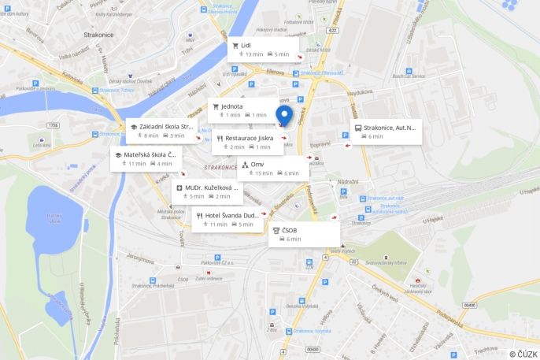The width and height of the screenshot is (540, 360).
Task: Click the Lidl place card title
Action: (x=246, y=46)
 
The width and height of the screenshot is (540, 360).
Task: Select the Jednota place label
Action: (x=232, y=106)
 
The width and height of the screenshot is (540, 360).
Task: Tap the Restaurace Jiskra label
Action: (x=249, y=138)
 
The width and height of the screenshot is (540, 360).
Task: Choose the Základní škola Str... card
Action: (x=166, y=126)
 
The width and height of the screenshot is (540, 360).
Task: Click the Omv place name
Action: (x=257, y=164)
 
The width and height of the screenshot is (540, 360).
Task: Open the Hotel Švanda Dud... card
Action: (x=231, y=214)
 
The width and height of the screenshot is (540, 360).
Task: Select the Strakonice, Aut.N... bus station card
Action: (x=389, y=127)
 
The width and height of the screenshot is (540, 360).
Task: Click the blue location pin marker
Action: (x=283, y=116)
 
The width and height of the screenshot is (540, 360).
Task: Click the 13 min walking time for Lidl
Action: (x=253, y=54)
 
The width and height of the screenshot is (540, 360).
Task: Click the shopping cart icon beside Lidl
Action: (x=235, y=46)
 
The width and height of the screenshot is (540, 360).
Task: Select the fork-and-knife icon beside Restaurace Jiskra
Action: (x=219, y=138)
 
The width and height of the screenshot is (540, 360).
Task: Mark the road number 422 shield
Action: (x=333, y=31)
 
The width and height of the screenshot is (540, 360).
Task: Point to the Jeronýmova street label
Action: (x=139, y=258)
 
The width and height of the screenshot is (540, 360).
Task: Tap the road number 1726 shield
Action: (x=53, y=125)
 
